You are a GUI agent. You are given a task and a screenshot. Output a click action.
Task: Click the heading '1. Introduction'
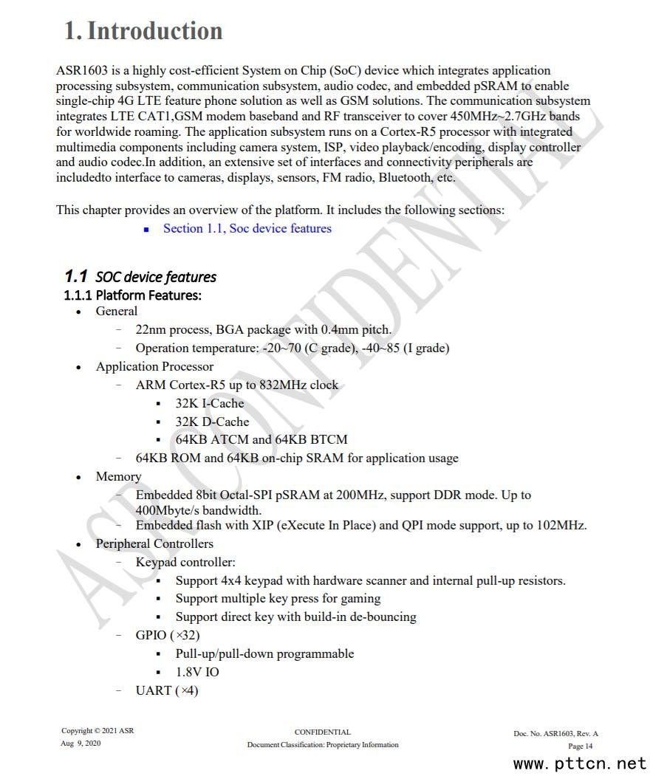143,31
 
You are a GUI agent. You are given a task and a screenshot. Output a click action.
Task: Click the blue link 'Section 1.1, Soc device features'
247,229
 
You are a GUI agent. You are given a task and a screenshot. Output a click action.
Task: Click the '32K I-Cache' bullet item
209,403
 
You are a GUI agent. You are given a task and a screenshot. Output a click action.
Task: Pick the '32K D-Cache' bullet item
212,422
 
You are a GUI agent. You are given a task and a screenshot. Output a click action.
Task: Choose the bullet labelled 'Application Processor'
154,367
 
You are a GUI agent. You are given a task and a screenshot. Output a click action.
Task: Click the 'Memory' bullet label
118,477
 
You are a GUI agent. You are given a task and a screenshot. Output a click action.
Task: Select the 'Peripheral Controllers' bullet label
154,544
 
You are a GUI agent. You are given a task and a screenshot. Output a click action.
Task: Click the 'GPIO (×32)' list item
168,635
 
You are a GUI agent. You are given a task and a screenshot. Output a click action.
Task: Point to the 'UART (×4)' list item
167,691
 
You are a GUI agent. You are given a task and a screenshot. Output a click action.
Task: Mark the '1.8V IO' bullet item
197,672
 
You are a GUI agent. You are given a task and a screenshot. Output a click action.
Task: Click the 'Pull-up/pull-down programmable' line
264,654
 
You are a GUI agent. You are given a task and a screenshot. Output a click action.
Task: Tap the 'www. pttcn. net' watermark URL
580,763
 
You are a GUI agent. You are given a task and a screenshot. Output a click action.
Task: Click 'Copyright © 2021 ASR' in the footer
97,732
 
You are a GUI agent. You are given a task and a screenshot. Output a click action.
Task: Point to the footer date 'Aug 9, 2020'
81,744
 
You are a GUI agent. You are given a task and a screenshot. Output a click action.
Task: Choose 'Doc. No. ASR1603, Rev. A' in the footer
555,734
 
